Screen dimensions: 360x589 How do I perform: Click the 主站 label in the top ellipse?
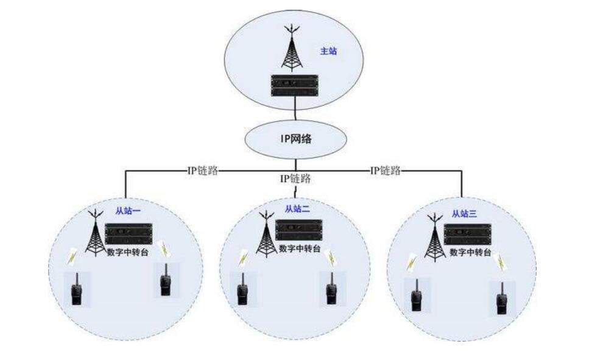(328, 51)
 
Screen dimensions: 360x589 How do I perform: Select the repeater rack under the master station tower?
(295, 85)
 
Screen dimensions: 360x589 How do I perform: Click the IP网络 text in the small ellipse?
(295, 139)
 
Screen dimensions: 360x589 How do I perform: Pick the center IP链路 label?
(295, 178)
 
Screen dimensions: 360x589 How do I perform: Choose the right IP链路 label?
(386, 171)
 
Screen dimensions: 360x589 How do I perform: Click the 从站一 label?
(129, 212)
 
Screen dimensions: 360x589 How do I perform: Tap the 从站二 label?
(297, 209)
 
